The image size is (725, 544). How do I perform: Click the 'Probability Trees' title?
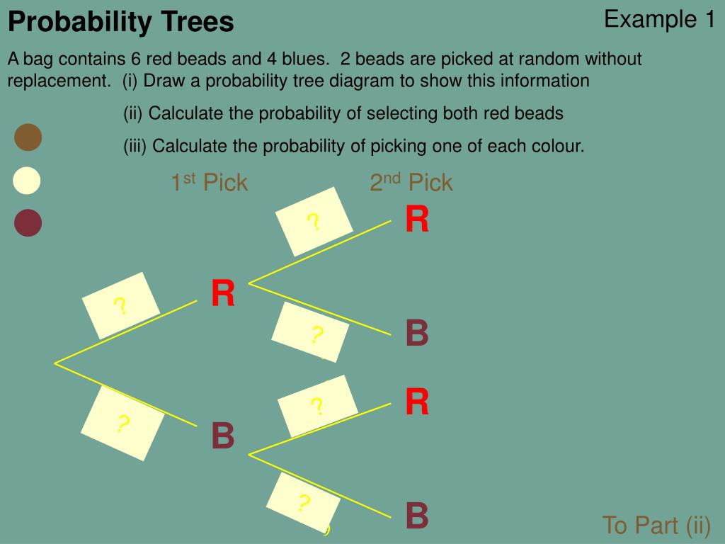point(120,23)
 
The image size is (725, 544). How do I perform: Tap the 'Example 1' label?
point(659,20)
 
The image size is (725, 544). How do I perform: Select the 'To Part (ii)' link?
point(656,526)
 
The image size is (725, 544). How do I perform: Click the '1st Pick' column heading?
point(209,183)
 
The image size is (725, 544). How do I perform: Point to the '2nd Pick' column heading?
point(411,183)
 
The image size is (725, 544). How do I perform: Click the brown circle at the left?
point(28,137)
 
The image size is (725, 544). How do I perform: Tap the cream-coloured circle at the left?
point(27,181)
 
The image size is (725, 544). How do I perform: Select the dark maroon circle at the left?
point(28,223)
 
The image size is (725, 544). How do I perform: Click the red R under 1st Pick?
point(223,294)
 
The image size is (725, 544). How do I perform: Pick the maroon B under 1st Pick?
point(223,436)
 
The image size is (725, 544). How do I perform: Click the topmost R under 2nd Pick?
point(417,220)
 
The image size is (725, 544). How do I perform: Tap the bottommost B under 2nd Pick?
point(417,516)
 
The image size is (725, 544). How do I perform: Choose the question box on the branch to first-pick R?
point(121,306)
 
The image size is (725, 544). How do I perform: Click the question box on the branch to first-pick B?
point(122,424)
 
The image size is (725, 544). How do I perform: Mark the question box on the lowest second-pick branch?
point(304,503)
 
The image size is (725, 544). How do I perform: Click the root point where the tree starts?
point(55,363)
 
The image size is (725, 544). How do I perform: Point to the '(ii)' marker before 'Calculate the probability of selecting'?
point(133,113)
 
